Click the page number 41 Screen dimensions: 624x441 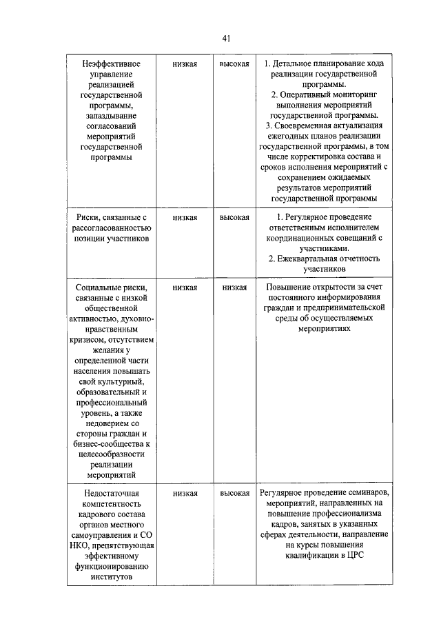226,39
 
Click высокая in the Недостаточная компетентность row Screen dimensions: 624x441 234,493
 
